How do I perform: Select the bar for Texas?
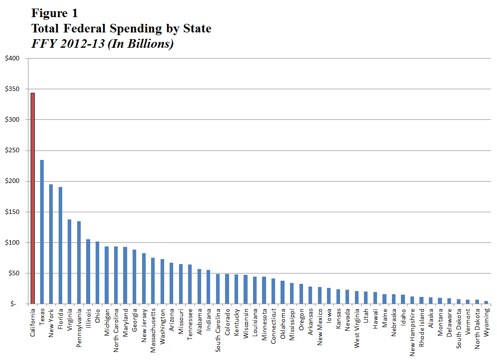(42, 232)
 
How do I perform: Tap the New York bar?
(51, 244)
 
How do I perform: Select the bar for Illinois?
(88, 271)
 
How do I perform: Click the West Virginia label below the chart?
(357, 329)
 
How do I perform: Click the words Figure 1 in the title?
(55, 12)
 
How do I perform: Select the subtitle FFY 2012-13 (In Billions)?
(102, 44)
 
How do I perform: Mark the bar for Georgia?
(134, 277)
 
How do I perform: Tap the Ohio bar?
(97, 272)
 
